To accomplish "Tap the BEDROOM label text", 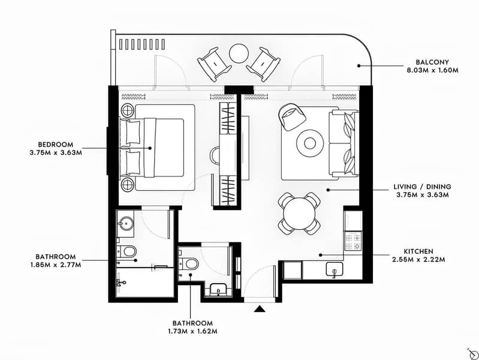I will point(55,144).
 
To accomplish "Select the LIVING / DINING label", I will point(423,187).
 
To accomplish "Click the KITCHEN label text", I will point(418,251).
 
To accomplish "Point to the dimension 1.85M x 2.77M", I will point(55,265).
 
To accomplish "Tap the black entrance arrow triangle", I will point(260,308).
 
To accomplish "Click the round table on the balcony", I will point(239,53).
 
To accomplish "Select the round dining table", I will point(299,213).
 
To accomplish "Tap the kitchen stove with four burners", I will point(353,241).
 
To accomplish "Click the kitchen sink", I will point(333,271).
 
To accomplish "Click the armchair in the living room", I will point(292,116).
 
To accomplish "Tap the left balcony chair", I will point(213,63).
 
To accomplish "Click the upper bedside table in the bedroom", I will point(128,110).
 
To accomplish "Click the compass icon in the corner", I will point(461,350).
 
